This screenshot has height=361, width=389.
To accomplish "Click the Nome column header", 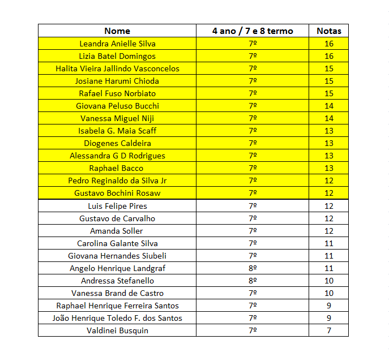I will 117,31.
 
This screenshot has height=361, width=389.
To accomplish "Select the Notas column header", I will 328,31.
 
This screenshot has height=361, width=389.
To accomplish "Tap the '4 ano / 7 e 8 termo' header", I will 253,31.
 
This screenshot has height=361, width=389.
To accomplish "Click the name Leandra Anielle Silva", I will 117,44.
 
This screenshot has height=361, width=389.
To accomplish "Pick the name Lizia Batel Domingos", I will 117,56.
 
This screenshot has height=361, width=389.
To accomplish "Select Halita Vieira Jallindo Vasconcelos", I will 117,68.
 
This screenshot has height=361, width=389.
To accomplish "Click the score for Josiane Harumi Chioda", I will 329,81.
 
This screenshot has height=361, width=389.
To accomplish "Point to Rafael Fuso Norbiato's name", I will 117,93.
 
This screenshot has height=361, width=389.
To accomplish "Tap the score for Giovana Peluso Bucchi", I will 329,106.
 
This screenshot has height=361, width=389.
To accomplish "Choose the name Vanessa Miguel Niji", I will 117,118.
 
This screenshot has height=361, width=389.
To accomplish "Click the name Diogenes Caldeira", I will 117,143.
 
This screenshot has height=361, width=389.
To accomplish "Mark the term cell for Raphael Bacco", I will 253,168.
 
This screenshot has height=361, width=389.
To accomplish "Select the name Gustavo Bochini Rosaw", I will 117,193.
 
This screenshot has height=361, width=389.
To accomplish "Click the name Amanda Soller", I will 117,231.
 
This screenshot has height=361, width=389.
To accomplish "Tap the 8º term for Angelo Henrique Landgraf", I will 253,268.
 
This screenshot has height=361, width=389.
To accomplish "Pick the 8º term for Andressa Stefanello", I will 253,281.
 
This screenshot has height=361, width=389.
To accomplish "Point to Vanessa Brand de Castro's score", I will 329,293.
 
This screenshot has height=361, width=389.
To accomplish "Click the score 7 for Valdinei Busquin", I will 329,330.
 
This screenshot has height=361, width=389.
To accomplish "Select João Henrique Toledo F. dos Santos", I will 117,318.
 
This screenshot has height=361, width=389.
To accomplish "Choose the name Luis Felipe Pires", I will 117,206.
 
